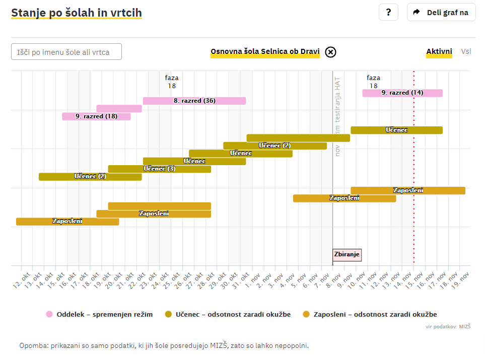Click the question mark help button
388,12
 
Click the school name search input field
66,52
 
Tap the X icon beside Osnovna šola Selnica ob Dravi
330,52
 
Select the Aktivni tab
439,51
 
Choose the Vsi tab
466,51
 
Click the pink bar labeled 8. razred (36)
194,101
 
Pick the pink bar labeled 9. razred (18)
96,116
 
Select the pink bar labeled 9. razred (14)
402,93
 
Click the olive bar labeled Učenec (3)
159,169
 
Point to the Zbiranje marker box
347,255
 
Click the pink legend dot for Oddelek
49,314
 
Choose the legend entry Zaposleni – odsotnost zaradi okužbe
370,314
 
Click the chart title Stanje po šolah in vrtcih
77,13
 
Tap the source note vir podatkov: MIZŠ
448,327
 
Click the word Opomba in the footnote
33,345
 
